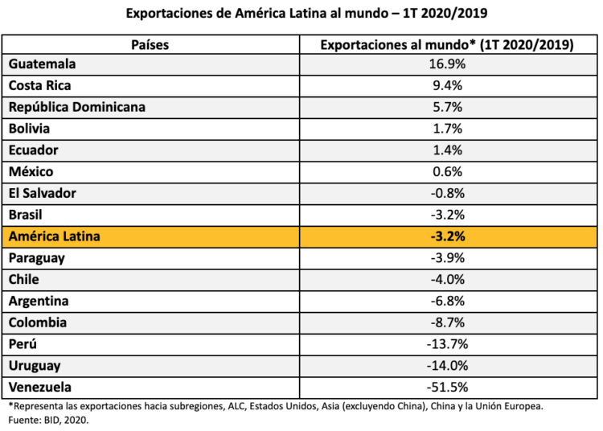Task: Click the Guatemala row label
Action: (43, 64)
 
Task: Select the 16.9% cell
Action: (447, 64)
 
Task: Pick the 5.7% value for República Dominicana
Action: (447, 107)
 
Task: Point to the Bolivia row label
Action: (29, 128)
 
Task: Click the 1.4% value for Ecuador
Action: (447, 150)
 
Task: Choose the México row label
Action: (31, 171)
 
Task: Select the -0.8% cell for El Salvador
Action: (447, 193)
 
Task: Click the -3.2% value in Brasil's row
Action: (447, 215)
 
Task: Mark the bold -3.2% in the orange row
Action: (447, 236)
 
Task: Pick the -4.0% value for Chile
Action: (447, 280)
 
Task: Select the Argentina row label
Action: (39, 301)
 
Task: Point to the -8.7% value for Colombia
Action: (447, 322)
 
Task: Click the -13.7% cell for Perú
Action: (447, 344)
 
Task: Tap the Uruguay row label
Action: (35, 366)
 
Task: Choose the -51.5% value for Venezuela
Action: (447, 387)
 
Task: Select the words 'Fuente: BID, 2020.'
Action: (50, 420)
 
